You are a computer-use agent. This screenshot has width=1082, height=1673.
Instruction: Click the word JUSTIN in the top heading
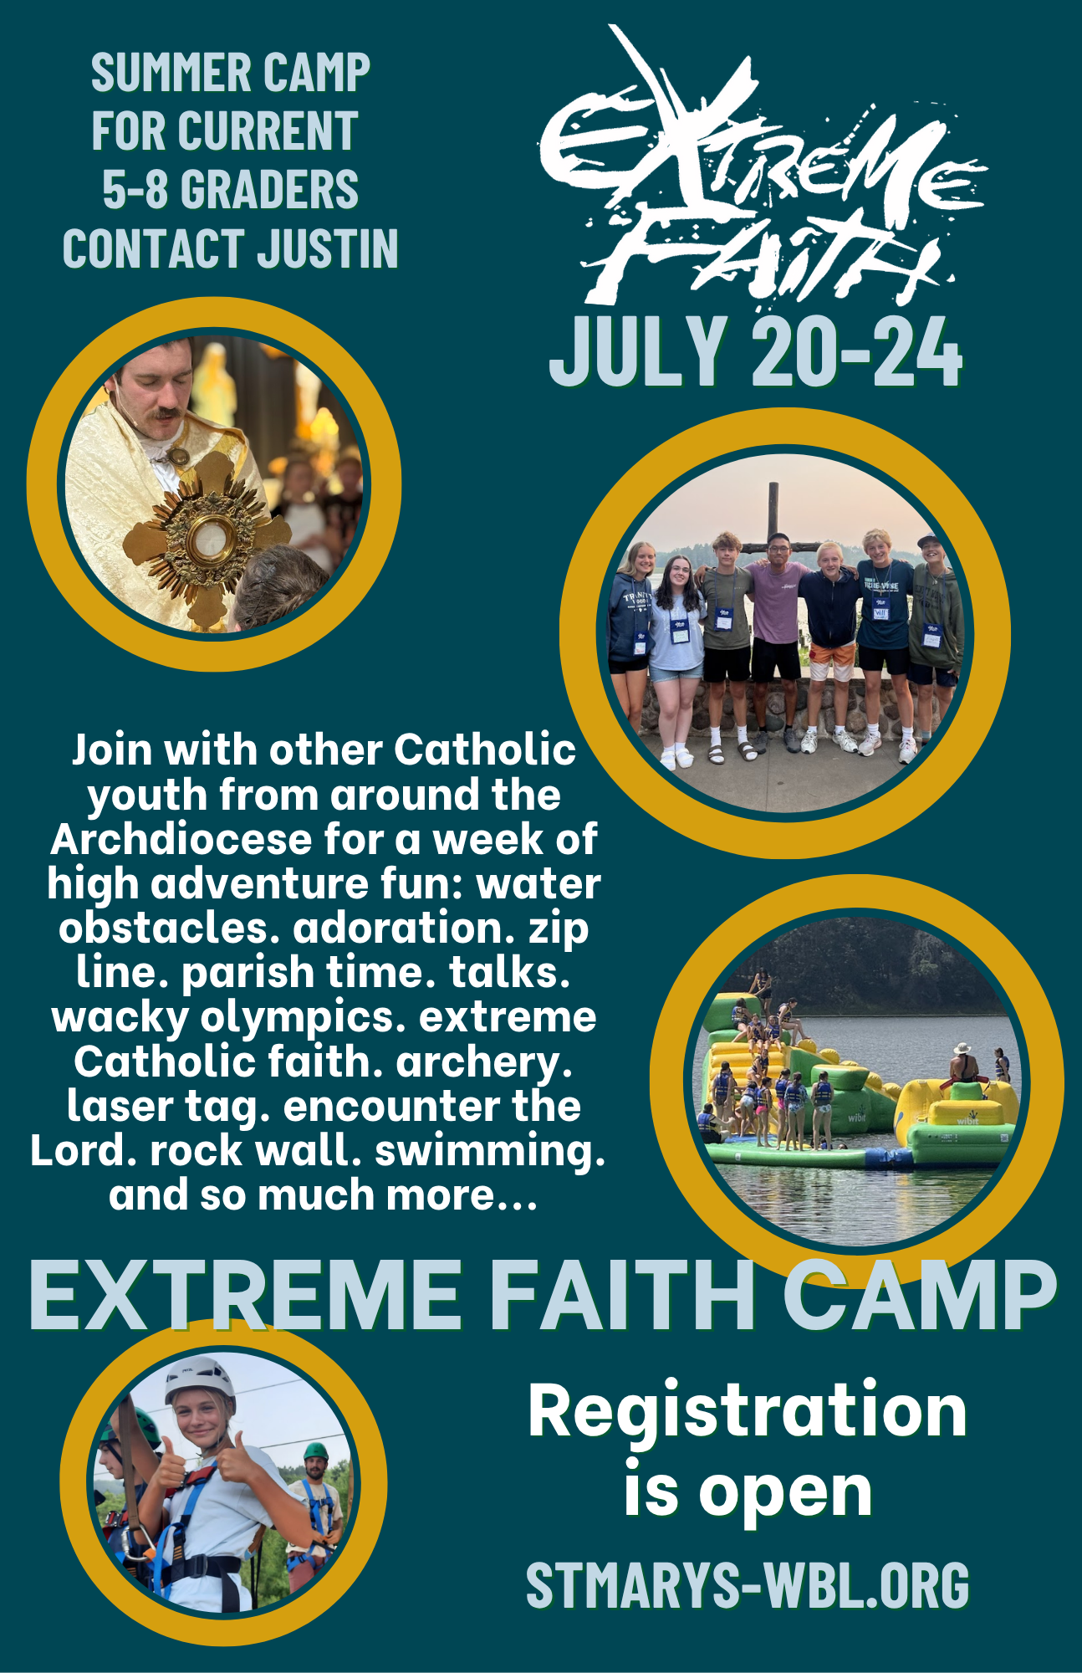(327, 248)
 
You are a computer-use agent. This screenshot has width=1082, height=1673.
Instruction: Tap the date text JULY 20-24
(756, 352)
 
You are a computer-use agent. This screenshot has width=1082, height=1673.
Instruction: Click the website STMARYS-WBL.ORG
(748, 1584)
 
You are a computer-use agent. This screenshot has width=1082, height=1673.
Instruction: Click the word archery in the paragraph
(484, 1062)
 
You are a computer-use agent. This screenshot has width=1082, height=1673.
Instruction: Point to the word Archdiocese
(181, 839)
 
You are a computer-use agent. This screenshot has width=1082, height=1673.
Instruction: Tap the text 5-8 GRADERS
(231, 189)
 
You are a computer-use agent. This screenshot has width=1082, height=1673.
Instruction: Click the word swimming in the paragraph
(490, 1151)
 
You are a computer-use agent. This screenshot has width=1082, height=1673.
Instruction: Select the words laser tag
(168, 1107)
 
